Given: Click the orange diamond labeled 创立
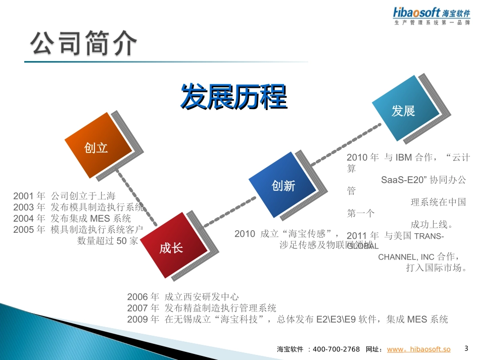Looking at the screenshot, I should [96, 148].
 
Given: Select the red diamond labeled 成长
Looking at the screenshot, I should [171, 248].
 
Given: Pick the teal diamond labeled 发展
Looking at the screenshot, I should [403, 111].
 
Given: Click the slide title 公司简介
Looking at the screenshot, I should [84, 44].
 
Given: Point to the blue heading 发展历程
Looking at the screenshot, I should [233, 97].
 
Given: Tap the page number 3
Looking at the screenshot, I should [466, 348].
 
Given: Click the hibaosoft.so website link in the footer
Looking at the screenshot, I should [418, 349].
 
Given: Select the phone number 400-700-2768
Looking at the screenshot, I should [337, 349].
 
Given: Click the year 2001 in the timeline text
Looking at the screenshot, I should [23, 196].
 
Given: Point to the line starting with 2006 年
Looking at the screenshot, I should [182, 297].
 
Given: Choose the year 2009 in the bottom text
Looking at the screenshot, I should [137, 319].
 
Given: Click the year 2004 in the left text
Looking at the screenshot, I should [23, 218].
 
